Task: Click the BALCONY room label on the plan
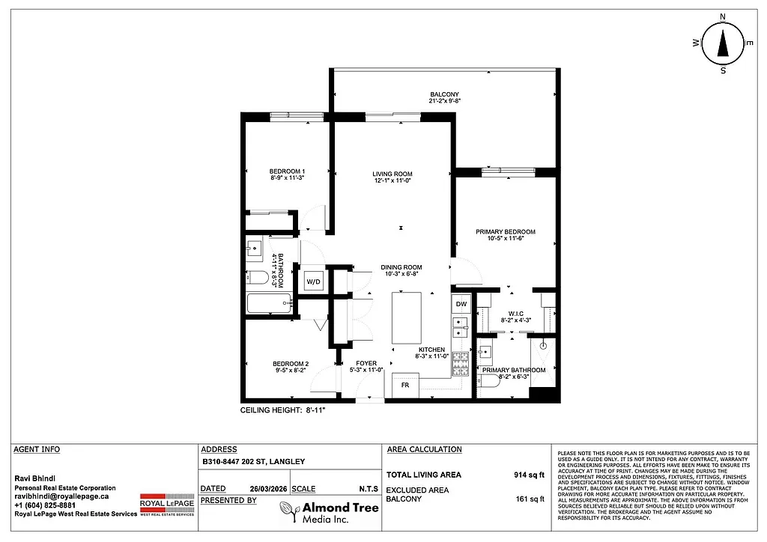[444, 94]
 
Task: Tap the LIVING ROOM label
[392, 174]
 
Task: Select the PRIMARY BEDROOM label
[506, 232]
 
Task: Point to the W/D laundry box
[313, 281]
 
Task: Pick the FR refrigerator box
[404, 385]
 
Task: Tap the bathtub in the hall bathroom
[268, 303]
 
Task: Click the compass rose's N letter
[723, 16]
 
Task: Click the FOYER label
[366, 364]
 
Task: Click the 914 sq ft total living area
[520, 475]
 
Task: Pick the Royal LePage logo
[167, 505]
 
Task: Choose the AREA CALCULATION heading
[424, 449]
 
